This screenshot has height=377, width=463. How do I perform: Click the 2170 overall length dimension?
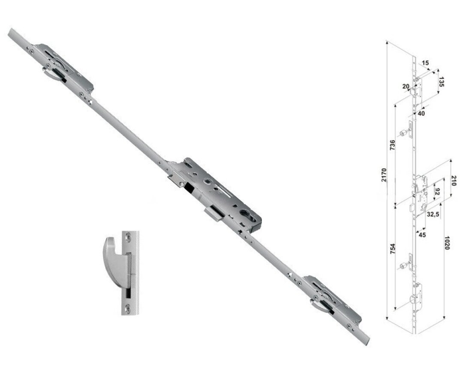[x=384, y=175]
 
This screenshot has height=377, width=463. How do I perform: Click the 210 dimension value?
[x=454, y=180]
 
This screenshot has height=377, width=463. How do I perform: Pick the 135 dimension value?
[x=442, y=81]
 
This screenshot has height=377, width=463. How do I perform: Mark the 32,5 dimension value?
[x=432, y=214]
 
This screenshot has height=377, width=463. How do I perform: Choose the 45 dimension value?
[x=422, y=234]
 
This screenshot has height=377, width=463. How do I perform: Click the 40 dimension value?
[x=421, y=114]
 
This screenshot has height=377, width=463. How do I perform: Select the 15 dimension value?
[x=425, y=63]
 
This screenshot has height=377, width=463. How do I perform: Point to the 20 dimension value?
[x=406, y=86]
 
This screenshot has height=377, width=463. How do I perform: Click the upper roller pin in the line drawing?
[x=403, y=134]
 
